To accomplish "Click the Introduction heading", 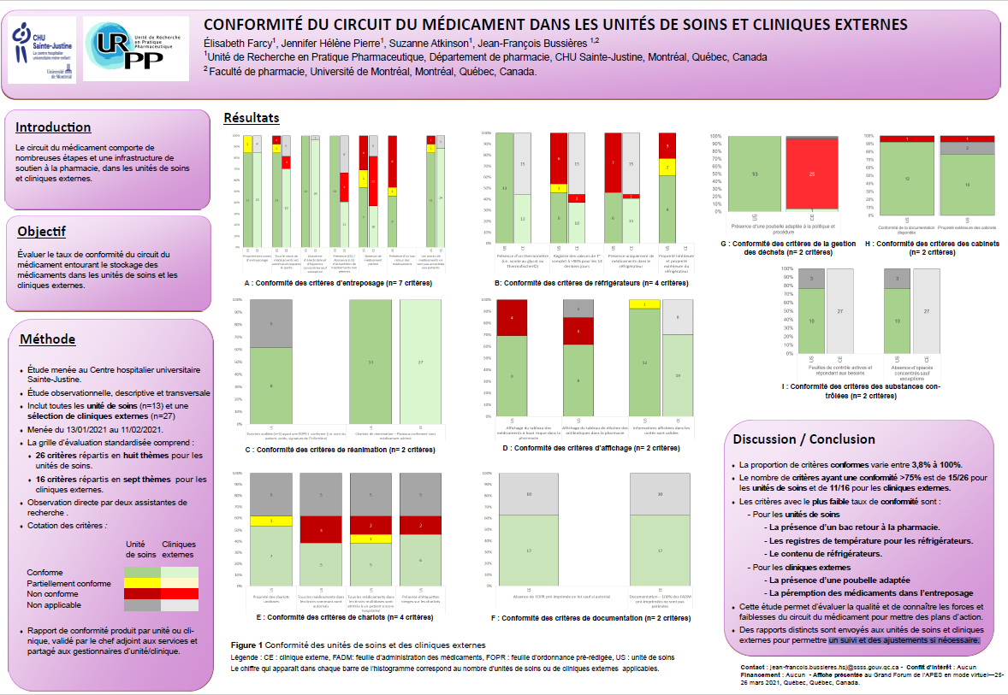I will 53,127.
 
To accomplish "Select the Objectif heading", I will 41,232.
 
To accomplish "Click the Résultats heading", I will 251,118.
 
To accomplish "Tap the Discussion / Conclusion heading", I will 803,439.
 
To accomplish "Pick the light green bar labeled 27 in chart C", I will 419,362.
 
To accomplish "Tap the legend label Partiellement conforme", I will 69,583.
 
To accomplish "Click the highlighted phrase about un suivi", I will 904,639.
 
